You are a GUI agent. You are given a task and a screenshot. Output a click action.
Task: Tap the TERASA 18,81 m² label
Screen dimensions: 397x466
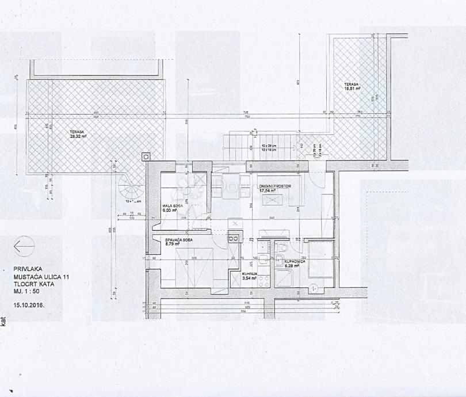pos(353,87)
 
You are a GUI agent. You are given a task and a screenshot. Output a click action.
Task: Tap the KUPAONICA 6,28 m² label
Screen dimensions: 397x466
pos(297,264)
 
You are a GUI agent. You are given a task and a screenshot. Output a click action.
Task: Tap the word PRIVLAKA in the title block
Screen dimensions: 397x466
pos(28,268)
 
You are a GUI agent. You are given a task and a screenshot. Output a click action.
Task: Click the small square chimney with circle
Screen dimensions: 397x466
pos(146,155)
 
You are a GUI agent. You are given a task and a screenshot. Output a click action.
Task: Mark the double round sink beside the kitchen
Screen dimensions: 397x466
pos(234,237)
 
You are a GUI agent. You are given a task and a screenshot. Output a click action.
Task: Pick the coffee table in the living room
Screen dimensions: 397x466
pos(271,200)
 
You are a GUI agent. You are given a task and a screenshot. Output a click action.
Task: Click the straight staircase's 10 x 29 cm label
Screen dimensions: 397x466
pos(268,146)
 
